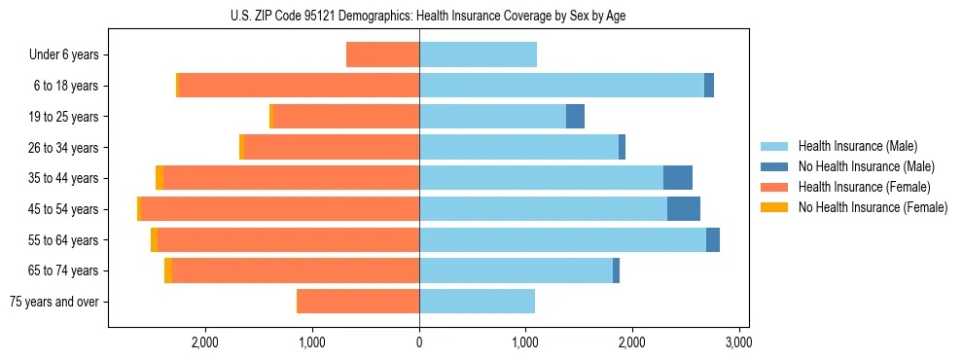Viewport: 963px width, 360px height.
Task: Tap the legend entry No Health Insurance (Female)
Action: point(872,207)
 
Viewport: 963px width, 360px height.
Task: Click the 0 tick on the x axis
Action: point(419,342)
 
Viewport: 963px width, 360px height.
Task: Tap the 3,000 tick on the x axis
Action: point(738,342)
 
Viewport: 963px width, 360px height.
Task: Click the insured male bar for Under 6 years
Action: point(478,55)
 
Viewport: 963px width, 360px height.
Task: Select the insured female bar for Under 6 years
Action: point(383,55)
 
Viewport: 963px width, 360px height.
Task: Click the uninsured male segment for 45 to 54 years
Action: point(684,209)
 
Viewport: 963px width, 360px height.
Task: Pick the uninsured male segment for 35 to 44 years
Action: point(678,178)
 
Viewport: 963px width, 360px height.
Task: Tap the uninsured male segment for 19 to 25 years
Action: point(575,117)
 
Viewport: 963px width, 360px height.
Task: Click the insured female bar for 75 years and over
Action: point(359,302)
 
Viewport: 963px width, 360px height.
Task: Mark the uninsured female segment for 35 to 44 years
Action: point(160,178)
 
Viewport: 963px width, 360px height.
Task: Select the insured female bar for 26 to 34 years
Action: point(332,147)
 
